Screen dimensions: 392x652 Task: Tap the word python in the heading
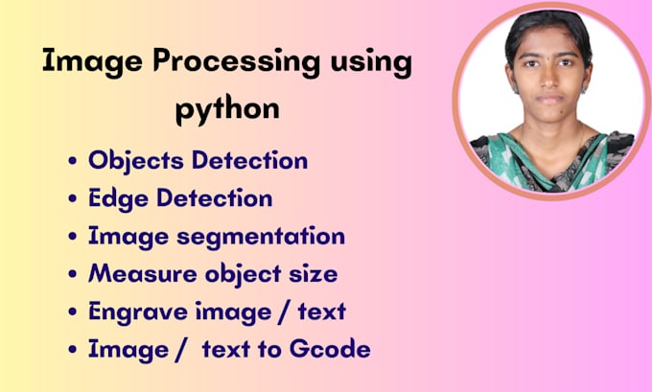click(227, 108)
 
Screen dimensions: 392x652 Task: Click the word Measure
click(139, 274)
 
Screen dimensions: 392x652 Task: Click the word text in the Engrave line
click(318, 312)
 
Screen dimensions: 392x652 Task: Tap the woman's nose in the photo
click(547, 82)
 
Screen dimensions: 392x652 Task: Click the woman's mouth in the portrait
click(547, 100)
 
